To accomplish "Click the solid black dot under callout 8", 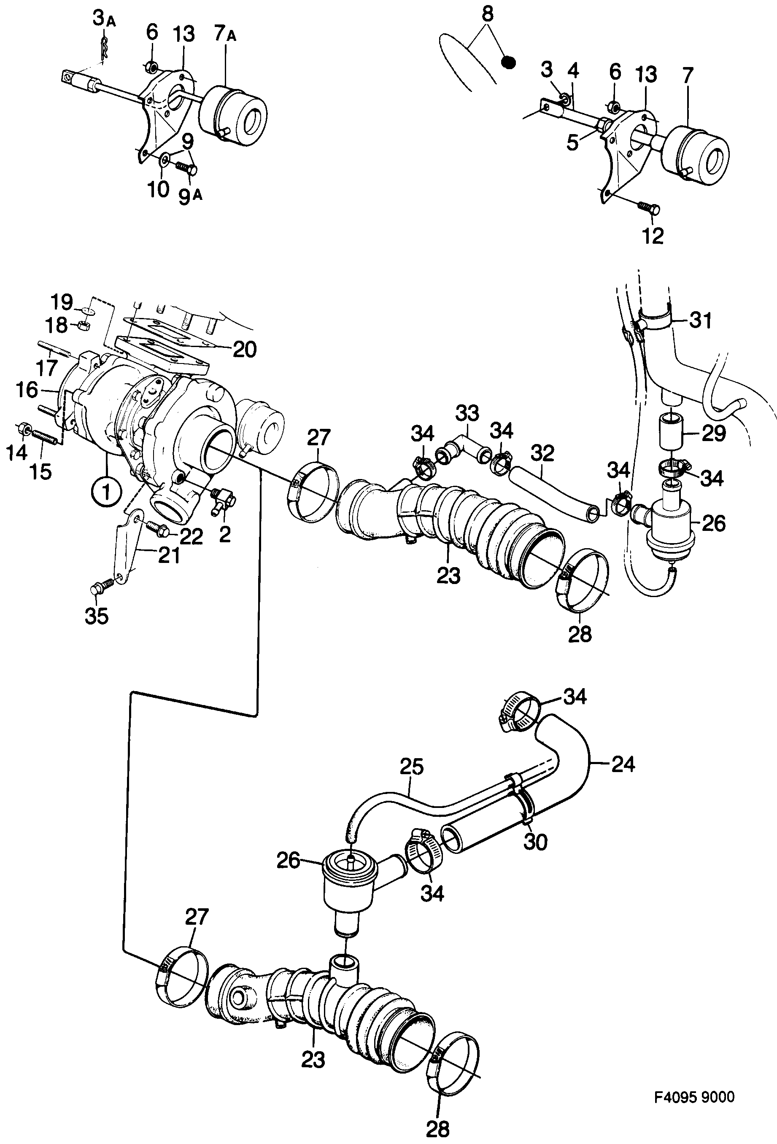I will coord(507,62).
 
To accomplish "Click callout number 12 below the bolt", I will coord(653,236).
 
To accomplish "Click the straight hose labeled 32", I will coord(551,492).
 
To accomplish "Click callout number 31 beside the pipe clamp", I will coord(701,320).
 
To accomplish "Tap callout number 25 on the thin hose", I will coord(412,767).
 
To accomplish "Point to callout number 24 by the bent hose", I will coord(623,764).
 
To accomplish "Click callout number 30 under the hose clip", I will coord(535,842).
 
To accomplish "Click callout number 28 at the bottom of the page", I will coord(437,1129).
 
